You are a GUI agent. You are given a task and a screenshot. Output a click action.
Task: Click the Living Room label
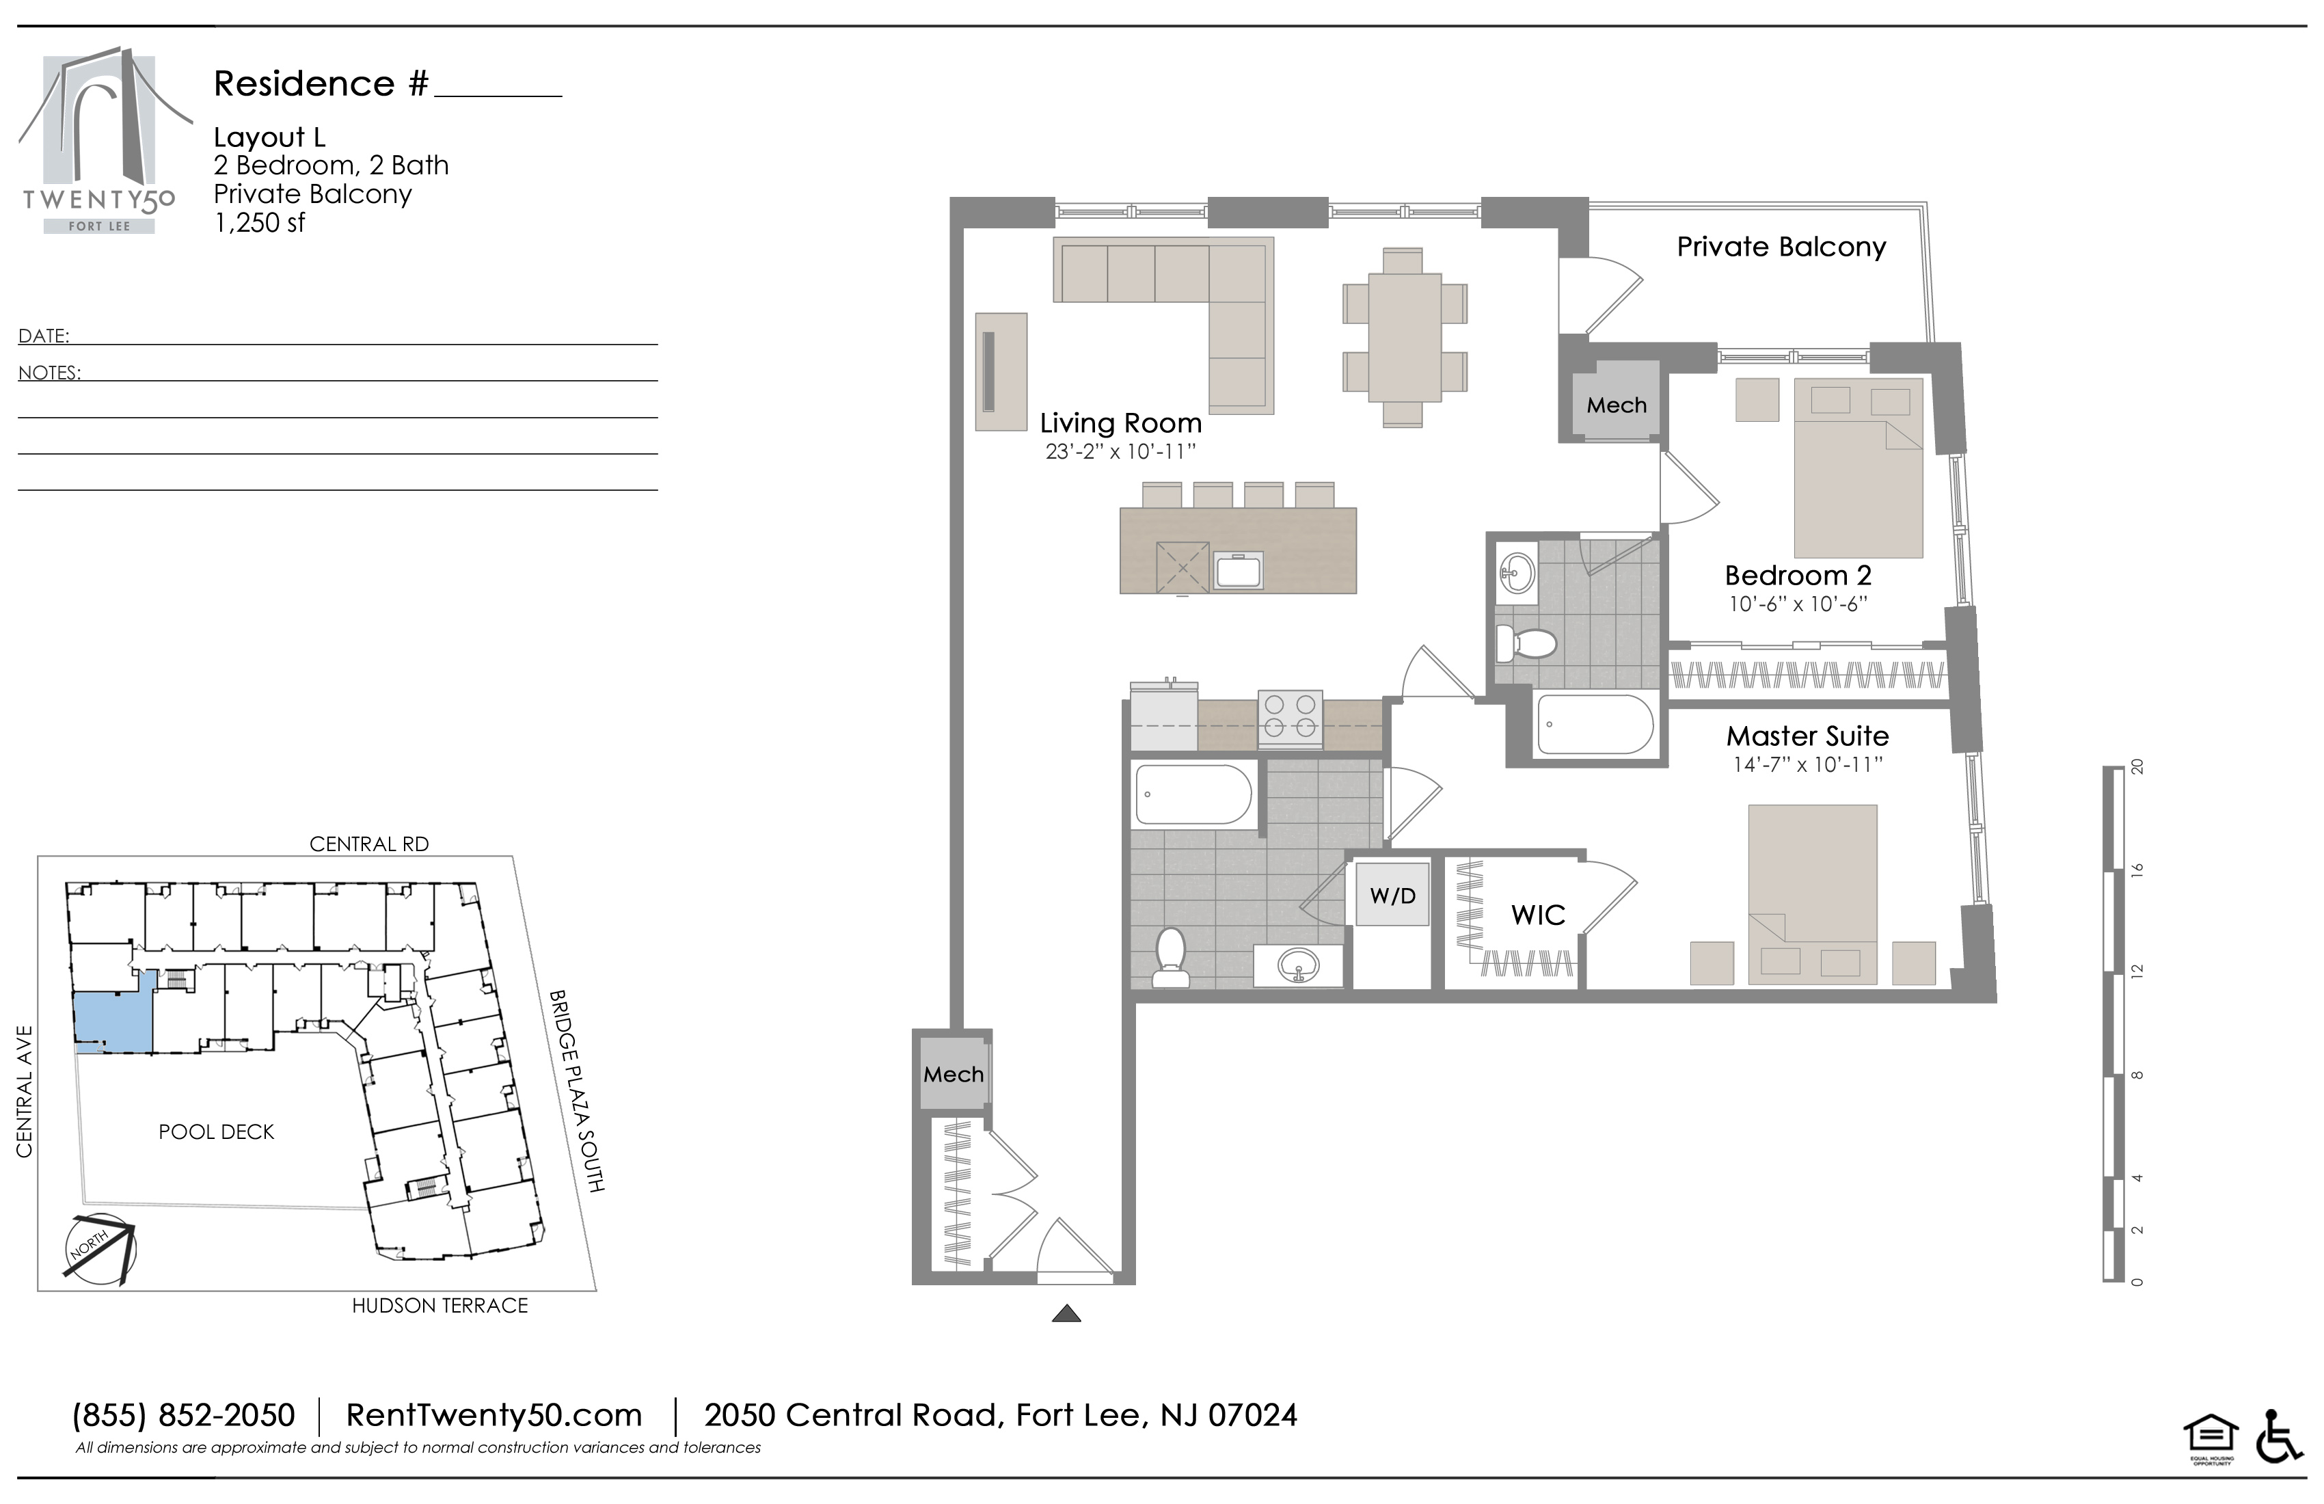[1120, 423]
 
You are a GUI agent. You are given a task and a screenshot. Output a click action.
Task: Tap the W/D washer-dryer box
[1392, 895]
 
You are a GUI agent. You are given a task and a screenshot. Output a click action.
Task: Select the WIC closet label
[1538, 915]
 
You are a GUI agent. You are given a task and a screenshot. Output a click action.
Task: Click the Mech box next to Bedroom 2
[1616, 401]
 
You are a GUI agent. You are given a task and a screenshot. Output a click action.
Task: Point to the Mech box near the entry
[954, 1073]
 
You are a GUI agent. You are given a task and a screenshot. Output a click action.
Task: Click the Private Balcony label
[1781, 247]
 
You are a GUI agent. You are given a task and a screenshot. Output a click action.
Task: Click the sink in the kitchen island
[1237, 570]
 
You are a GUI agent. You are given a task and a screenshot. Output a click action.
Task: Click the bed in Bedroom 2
[1859, 468]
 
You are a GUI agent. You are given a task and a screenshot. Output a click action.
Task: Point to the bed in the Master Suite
[1812, 894]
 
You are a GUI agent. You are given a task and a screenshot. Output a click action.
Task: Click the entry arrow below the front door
[1066, 1313]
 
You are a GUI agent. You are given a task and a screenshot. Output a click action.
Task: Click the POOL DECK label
[217, 1132]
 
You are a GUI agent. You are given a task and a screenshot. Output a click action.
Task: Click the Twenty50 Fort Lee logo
[98, 141]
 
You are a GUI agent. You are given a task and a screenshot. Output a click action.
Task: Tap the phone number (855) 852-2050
[184, 1415]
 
